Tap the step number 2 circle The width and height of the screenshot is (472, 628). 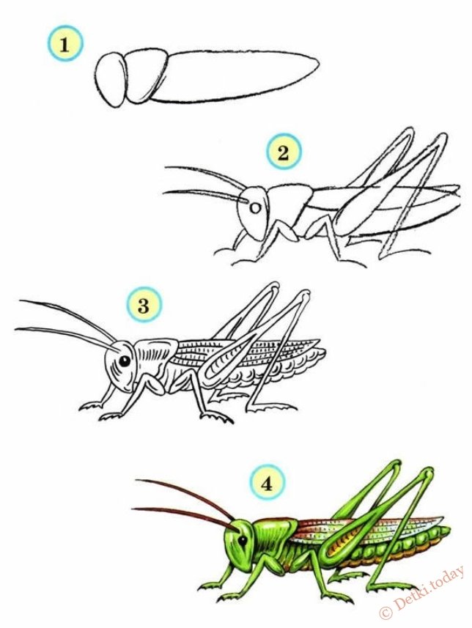284,152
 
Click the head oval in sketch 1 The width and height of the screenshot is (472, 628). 111,80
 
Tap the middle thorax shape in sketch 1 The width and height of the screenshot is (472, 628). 147,75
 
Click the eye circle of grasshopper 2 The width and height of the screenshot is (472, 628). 255,208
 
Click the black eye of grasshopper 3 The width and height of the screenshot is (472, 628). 125,361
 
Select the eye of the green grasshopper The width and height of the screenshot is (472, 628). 243,541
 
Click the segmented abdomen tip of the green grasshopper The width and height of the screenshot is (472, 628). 440,534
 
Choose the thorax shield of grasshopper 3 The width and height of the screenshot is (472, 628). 154,355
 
